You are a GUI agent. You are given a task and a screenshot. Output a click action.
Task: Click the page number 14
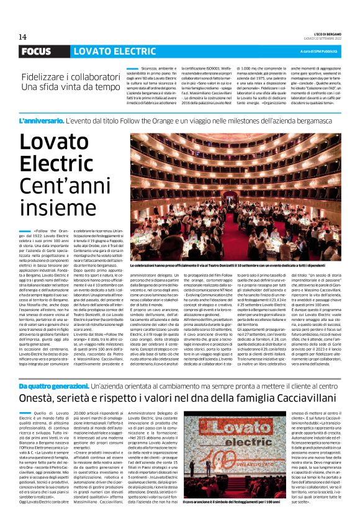[23, 37]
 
